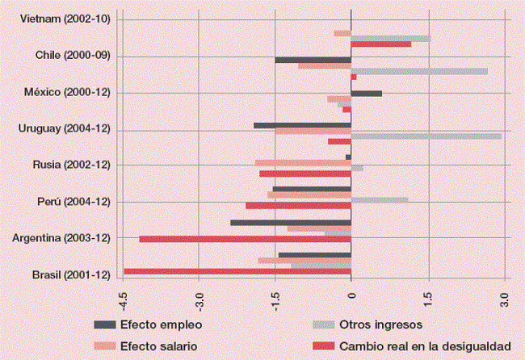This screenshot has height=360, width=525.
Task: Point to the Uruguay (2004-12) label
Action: [x=69, y=129]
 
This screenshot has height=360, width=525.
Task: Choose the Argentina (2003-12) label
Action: [x=67, y=238]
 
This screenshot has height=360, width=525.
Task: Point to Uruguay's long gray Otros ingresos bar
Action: [x=426, y=136]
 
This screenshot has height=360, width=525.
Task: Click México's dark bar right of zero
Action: [x=366, y=94]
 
